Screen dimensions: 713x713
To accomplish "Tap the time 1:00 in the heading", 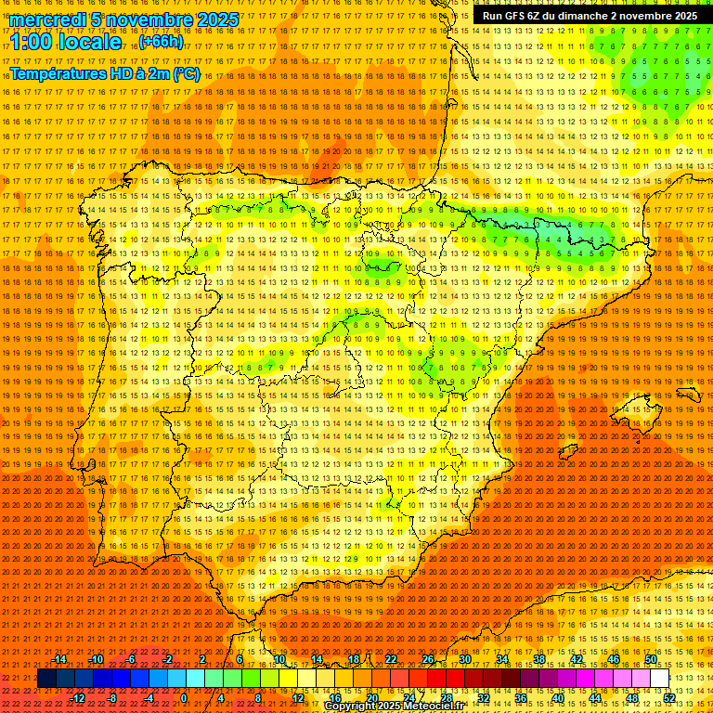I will tap(33, 42).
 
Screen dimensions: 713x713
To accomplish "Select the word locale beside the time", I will tap(92, 42).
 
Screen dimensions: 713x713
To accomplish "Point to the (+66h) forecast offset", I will tap(161, 42).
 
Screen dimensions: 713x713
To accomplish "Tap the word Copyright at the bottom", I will tap(349, 707).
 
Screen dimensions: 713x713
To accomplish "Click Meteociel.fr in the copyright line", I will tap(434, 707).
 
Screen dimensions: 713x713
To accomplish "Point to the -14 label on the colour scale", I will tap(60, 659).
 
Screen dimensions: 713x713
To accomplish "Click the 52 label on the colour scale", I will tap(669, 698).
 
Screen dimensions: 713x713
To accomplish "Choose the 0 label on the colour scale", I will tap(184, 698).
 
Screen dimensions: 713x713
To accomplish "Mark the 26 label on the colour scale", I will tap(428, 659).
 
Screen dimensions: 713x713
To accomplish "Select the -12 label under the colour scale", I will tap(78, 698).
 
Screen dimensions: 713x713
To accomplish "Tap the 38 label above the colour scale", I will tap(538, 659).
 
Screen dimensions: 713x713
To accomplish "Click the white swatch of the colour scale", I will tap(659, 679).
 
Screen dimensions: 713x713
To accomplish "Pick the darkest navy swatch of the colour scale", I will tap(46, 679).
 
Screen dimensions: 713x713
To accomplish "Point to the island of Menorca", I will tap(689, 394).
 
